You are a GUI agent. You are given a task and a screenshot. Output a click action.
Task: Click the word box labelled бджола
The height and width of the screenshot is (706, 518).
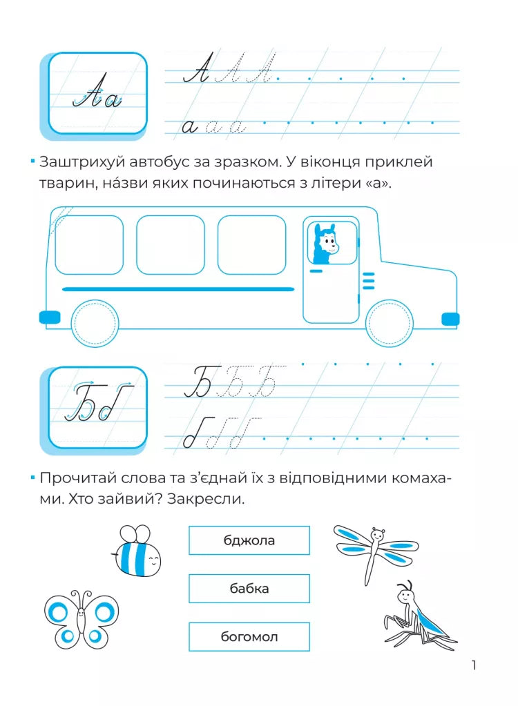(249, 540)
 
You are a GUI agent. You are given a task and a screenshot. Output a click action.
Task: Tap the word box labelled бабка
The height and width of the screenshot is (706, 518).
(249, 589)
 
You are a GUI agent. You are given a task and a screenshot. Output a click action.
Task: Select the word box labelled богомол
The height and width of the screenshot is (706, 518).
(249, 637)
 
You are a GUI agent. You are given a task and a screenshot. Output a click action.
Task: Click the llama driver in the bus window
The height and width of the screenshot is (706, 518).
(325, 244)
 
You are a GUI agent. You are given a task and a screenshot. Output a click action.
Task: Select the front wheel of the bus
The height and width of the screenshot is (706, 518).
(389, 322)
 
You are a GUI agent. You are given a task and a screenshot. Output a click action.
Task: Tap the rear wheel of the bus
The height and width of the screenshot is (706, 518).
(95, 322)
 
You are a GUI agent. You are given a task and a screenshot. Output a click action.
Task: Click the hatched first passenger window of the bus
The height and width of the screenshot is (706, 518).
(89, 244)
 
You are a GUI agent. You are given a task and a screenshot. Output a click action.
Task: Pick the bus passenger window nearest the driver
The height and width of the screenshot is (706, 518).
(251, 244)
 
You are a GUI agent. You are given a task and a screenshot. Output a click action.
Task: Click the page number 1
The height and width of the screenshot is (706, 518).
(474, 665)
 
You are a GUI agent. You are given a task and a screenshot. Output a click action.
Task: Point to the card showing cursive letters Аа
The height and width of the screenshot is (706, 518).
(97, 94)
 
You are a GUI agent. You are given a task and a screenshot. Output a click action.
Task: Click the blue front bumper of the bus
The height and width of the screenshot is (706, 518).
(450, 318)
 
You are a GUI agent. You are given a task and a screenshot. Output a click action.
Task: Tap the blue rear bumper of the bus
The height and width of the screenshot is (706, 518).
(50, 317)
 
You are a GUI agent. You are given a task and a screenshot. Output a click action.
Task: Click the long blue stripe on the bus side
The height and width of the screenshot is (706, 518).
(178, 288)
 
